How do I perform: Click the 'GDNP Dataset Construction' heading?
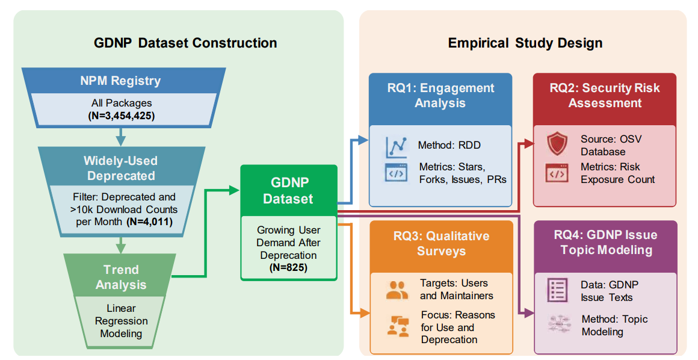point(185,43)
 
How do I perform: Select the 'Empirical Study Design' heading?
point(525,43)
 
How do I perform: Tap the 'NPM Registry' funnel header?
point(121,81)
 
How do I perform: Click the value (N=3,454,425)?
point(121,116)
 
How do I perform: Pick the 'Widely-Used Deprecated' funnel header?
point(121,169)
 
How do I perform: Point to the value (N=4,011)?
point(149,222)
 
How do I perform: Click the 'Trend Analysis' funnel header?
point(121,277)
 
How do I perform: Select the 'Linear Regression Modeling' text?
point(121,321)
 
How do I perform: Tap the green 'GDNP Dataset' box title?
point(288,190)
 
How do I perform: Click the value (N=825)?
point(288,267)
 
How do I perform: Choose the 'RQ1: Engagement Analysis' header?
point(440,95)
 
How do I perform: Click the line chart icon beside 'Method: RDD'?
point(396,146)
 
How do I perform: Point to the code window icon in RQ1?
point(396,173)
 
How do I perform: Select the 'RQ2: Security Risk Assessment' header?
point(604,95)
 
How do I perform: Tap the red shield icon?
point(557,145)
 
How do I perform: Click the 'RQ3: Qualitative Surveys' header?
point(441,243)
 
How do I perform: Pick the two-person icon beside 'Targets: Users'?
point(397,290)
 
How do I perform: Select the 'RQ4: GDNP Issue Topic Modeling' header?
point(605,242)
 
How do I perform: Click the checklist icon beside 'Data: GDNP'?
point(557,291)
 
